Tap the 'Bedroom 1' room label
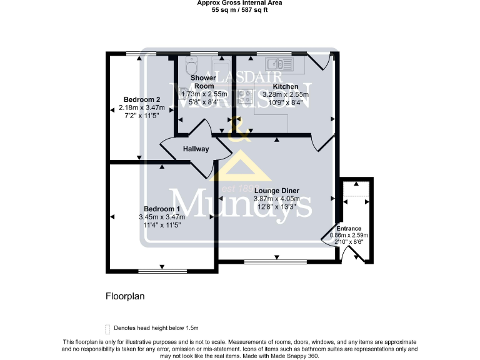point(162,209)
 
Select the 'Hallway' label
point(196,149)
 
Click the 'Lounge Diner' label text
point(276,191)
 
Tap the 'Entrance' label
point(349,229)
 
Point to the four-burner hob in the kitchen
point(245,97)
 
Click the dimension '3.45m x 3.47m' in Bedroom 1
point(162,217)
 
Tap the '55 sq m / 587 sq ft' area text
point(239,10)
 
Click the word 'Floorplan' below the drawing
point(124,296)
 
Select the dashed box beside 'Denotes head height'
point(107,328)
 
